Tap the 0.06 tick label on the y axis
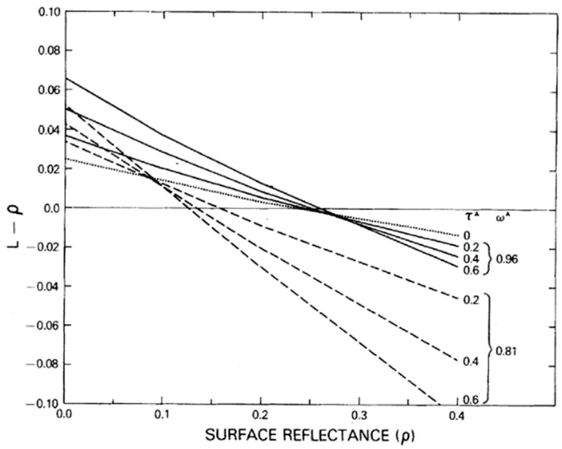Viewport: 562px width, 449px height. point(48,90)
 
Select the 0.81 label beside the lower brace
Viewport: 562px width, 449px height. point(506,351)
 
